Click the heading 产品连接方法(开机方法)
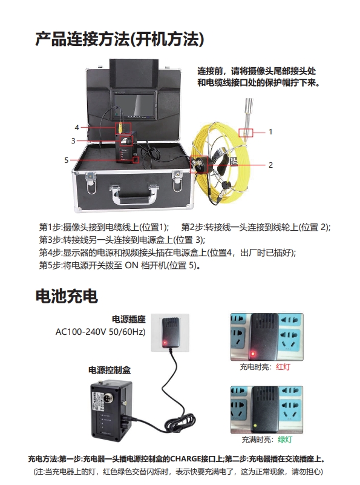point(120,39)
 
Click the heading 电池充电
point(67,296)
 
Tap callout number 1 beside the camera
point(270,132)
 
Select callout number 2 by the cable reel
point(270,165)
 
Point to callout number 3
point(73,140)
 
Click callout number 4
point(77,127)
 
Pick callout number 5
point(67,160)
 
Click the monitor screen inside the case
point(134,105)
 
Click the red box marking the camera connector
point(246,133)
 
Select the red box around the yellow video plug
point(123,127)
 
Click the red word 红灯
point(283,367)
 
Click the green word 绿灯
point(285,439)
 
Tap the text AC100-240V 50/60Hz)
point(100,332)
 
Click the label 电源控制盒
point(110,370)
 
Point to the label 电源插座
point(128,319)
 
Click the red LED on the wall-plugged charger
point(165,343)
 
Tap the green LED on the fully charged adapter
point(255,425)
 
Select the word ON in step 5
point(131,265)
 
